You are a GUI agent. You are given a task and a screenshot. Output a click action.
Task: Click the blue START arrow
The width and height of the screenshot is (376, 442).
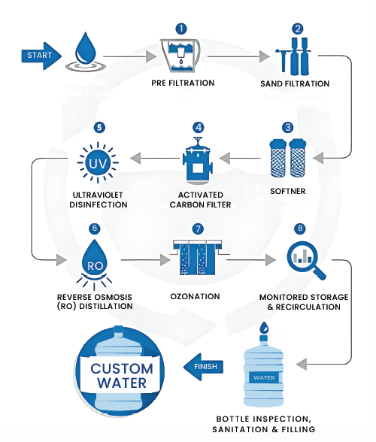(x=41, y=56)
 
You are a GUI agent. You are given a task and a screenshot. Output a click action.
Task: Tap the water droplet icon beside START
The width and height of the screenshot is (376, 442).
(x=83, y=53)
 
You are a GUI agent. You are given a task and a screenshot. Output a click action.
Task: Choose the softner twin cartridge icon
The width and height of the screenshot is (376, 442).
(x=289, y=159)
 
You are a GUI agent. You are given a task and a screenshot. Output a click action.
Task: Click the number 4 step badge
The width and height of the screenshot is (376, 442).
(x=199, y=127)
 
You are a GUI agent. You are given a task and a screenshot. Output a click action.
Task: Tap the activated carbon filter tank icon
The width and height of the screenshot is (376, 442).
(x=199, y=160)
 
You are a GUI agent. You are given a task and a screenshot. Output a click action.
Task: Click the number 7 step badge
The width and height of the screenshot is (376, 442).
(x=198, y=228)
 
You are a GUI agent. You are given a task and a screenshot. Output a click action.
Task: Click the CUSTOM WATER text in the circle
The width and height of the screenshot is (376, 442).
(x=122, y=376)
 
